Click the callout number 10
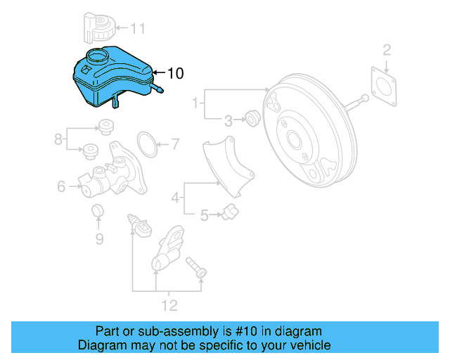coord(175,72)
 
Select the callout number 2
coord(386,49)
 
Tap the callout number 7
coord(174,146)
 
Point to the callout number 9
coord(99,239)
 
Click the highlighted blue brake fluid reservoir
coord(112,79)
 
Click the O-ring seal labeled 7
coord(146,143)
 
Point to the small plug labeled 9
coord(98,211)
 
